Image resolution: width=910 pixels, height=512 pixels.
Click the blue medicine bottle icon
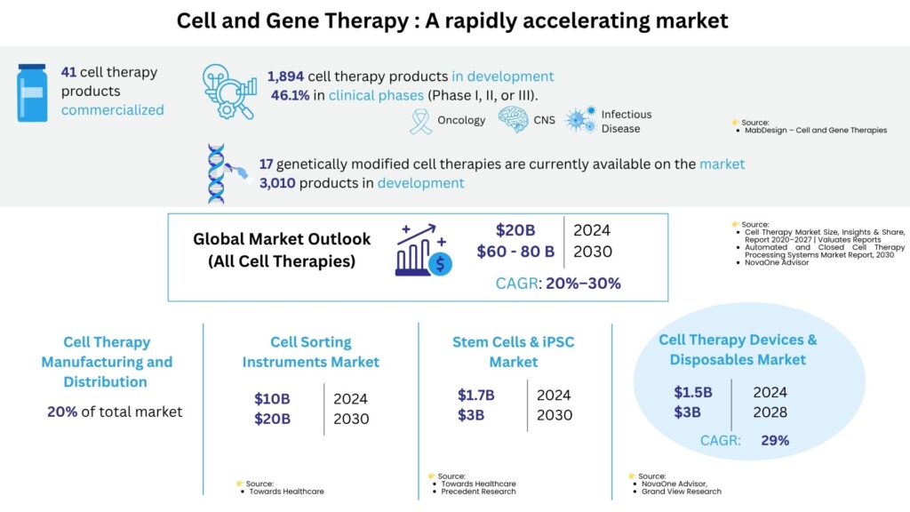pyautogui.click(x=33, y=92)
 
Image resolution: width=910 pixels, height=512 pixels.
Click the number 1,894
pyautogui.click(x=285, y=76)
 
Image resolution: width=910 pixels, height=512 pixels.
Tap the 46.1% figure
pyautogui.click(x=291, y=95)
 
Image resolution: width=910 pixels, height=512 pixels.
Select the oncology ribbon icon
pyautogui.click(x=420, y=121)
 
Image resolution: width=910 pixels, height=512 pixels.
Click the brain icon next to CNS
pyautogui.click(x=513, y=120)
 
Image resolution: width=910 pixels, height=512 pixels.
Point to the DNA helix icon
pyautogui.click(x=217, y=173)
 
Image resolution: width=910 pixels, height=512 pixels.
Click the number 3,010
pyautogui.click(x=277, y=183)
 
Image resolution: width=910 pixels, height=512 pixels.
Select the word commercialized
pyautogui.click(x=113, y=109)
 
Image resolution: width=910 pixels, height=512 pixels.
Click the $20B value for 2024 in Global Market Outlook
pyautogui.click(x=515, y=230)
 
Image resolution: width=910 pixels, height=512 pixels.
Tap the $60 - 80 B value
pyautogui.click(x=515, y=252)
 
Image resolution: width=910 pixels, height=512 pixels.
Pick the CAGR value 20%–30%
pyautogui.click(x=583, y=284)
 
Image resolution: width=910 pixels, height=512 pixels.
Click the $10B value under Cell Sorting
pyautogui.click(x=272, y=399)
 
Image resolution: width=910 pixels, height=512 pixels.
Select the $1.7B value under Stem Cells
pyautogui.click(x=476, y=396)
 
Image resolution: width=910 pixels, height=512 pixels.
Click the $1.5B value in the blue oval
pyautogui.click(x=693, y=392)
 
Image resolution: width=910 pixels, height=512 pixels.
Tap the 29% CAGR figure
pyautogui.click(x=775, y=441)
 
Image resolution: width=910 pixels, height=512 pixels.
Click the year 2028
pyautogui.click(x=770, y=412)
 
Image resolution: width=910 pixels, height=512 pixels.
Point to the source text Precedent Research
pyautogui.click(x=478, y=492)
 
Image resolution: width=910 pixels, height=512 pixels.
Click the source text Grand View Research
pyautogui.click(x=682, y=492)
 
